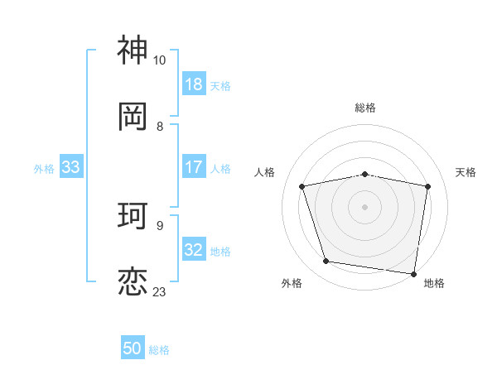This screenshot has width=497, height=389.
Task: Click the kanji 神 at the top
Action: coord(133,51)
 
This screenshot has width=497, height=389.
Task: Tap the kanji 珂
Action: coord(133,217)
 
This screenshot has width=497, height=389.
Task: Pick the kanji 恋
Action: coord(133,281)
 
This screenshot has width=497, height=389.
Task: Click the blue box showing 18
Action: coord(194,84)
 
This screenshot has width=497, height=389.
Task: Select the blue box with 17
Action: coord(194,167)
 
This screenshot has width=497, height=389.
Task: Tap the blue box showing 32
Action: coord(194,250)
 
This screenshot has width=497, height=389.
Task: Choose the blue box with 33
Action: coord(70,167)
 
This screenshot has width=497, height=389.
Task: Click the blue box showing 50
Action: coord(133,348)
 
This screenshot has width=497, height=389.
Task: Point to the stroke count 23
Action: coord(160,292)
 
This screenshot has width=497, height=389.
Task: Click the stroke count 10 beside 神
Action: coord(160,61)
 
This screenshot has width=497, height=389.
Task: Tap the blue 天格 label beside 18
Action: coord(220,85)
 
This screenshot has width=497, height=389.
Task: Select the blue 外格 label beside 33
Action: coord(44,169)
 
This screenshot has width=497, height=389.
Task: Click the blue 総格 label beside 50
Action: coord(159,350)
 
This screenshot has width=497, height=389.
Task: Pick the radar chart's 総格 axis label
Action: coord(365,108)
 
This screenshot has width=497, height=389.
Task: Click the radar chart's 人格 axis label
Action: coord(264,172)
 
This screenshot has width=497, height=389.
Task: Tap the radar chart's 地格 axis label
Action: coord(434,284)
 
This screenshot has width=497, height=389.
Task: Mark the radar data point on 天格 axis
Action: coord(427,186)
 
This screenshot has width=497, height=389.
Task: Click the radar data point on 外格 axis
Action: coord(326,262)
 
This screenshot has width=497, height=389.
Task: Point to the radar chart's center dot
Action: coord(365,207)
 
